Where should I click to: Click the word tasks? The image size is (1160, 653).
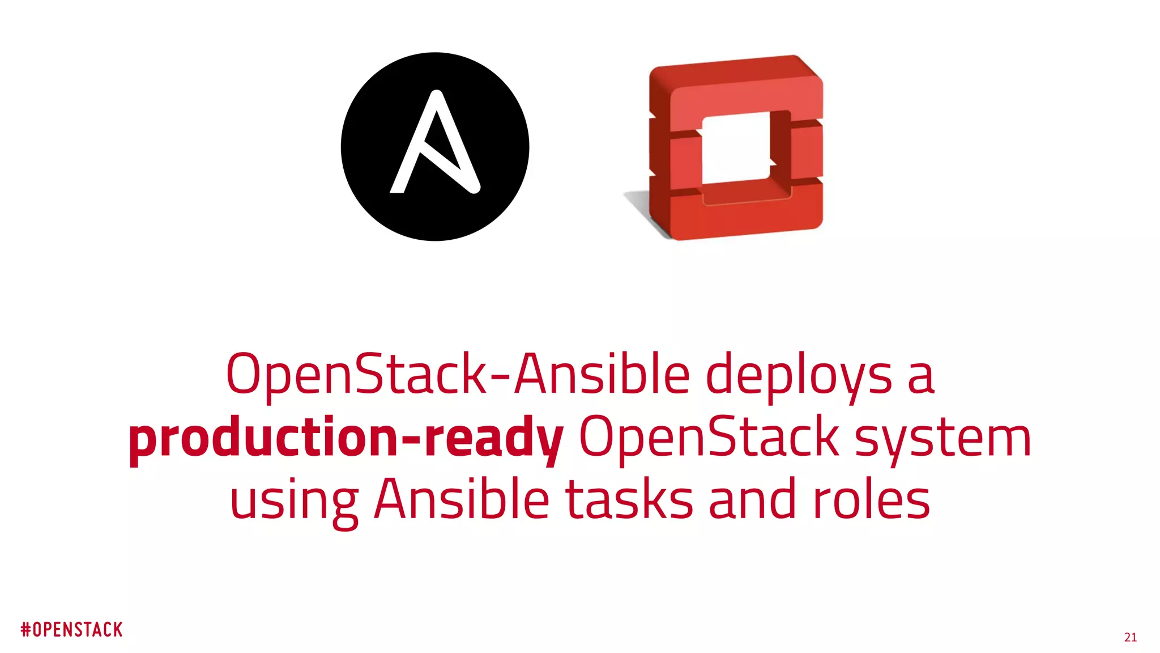click(x=629, y=500)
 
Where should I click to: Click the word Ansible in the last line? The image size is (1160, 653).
click(x=461, y=500)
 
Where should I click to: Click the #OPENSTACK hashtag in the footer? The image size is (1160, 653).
click(x=72, y=629)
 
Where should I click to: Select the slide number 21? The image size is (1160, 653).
click(x=1130, y=637)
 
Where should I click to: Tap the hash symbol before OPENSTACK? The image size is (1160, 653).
click(x=25, y=629)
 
